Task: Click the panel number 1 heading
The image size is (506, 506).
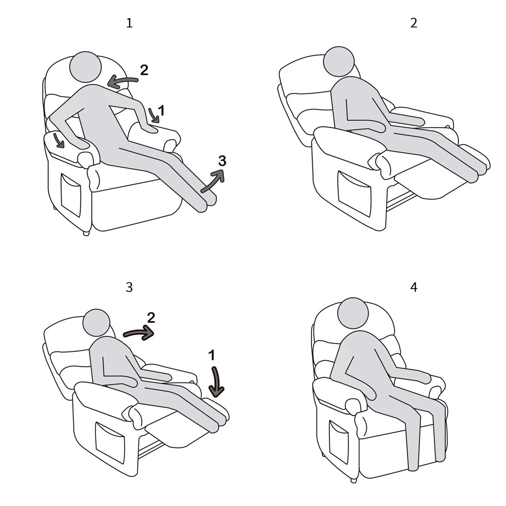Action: click(x=129, y=23)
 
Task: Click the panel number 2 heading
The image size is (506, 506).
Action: click(x=414, y=23)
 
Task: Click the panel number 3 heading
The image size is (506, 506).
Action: click(x=129, y=287)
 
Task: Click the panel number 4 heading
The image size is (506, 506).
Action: click(x=414, y=287)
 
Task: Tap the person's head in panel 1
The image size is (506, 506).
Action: click(x=86, y=67)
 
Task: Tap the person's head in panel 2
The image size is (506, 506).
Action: click(x=339, y=62)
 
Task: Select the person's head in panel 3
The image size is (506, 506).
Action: click(x=97, y=323)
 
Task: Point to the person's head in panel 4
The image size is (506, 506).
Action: click(x=353, y=313)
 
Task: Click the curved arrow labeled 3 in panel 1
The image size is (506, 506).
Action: click(x=213, y=181)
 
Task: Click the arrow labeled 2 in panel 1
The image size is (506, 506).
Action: click(x=122, y=80)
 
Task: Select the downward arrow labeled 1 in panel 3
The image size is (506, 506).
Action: click(x=216, y=381)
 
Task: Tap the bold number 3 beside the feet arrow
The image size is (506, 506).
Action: click(x=222, y=161)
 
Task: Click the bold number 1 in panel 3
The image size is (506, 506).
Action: click(x=211, y=355)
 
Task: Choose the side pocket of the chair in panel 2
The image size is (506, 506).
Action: click(x=354, y=193)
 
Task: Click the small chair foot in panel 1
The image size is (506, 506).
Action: click(x=86, y=234)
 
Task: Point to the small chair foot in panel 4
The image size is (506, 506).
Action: click(x=354, y=480)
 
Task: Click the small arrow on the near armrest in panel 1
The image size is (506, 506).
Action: click(x=59, y=140)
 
